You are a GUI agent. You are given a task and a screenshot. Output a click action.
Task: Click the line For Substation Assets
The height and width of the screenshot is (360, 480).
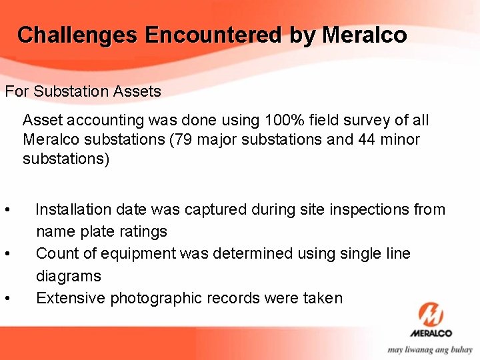(x=83, y=91)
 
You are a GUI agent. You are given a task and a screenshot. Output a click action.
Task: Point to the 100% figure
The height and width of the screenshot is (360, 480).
(x=288, y=121)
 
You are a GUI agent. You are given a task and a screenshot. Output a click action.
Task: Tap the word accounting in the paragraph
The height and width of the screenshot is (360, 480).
(x=101, y=121)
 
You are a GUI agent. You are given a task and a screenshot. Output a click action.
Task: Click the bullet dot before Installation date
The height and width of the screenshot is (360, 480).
(x=7, y=211)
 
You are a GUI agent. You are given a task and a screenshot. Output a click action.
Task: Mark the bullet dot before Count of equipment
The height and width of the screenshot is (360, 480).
(x=7, y=255)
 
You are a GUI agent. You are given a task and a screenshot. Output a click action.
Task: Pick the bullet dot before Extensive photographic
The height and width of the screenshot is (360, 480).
(x=7, y=299)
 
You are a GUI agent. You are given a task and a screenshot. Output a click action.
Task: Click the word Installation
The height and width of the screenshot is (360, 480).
(x=73, y=210)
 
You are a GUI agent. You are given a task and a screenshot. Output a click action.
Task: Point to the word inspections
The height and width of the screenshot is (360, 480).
(x=371, y=210)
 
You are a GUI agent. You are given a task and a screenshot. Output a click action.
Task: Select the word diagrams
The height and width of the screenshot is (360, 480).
(x=69, y=276)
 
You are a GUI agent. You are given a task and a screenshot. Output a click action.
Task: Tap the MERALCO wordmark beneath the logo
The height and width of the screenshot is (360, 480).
(x=431, y=333)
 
